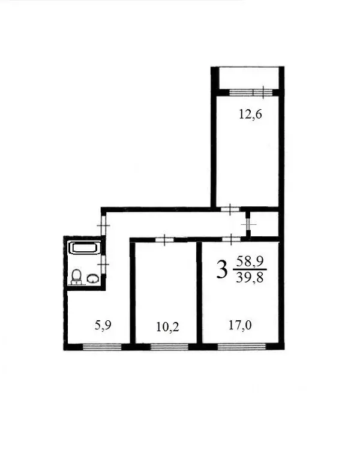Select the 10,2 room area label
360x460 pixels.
click(168, 327)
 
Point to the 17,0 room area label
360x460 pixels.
click(239, 327)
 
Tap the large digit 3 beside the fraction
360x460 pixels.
click(222, 270)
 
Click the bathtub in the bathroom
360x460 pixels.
click(85, 247)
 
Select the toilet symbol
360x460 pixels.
click(77, 276)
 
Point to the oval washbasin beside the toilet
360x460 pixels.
click(93, 278)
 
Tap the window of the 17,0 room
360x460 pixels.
click(239, 346)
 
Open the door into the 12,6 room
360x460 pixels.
click(230, 209)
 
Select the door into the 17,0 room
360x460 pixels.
click(232, 239)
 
